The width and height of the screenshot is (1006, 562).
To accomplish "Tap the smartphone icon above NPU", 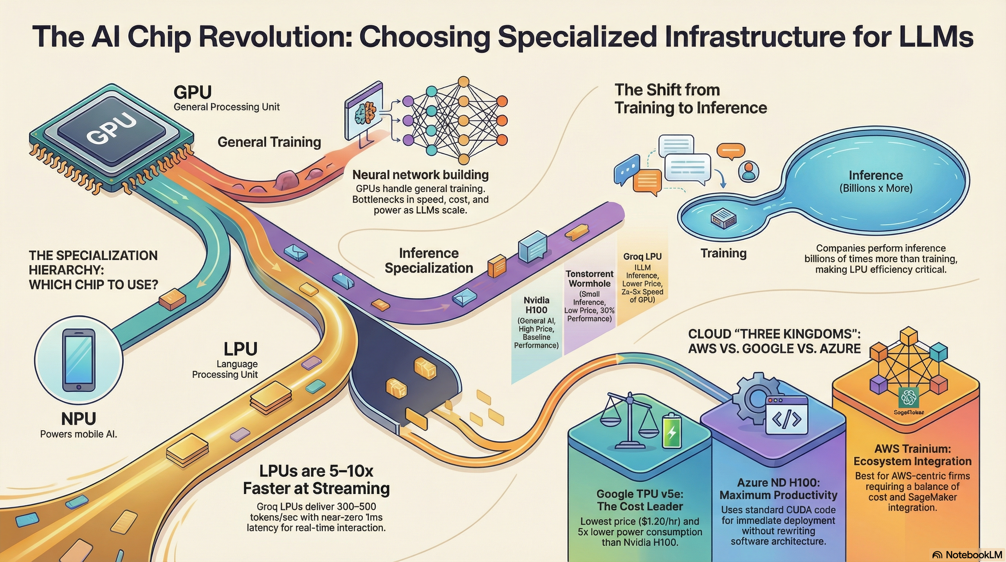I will pos(79,360).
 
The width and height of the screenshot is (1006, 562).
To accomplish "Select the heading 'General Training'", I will pos(269,142).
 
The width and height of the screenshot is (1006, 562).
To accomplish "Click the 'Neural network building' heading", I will pos(420,175).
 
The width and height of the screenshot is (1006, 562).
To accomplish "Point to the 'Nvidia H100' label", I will pos(536,305).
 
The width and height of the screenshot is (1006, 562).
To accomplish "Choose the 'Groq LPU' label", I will pos(642,256).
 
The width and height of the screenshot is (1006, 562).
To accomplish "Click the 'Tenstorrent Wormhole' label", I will pos(589,279).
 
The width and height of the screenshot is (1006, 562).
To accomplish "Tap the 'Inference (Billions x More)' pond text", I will pos(875,181).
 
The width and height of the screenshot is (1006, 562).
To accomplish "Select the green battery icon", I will pos(672,431).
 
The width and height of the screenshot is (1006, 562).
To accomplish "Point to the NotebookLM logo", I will pos(967,555).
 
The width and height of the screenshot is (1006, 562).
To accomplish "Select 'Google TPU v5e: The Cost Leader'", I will pos(640,500).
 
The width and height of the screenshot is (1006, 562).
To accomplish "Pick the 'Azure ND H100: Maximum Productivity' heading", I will pos(778,488).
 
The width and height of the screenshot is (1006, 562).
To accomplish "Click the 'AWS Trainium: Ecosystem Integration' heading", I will pos(912,455).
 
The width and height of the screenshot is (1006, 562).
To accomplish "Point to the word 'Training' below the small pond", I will pos(723,253).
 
